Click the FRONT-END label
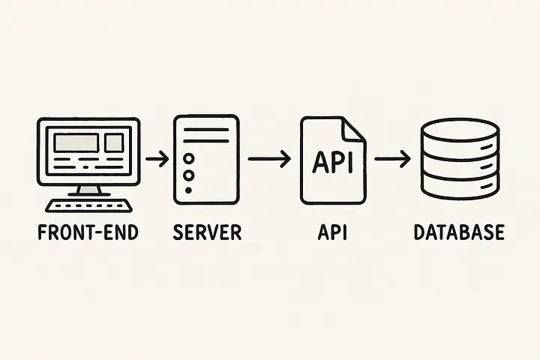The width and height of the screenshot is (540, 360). (x=88, y=232)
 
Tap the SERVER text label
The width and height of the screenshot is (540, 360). (x=207, y=232)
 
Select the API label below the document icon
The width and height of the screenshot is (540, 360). (x=332, y=232)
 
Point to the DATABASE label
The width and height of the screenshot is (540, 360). (x=459, y=232)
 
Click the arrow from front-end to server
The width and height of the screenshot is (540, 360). (x=157, y=159)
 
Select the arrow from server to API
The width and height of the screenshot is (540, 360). (x=268, y=159)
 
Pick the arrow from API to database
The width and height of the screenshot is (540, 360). (x=392, y=159)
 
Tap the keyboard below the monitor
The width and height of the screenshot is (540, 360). (x=88, y=204)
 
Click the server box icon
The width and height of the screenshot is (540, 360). (x=206, y=159)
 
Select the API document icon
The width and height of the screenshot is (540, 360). (x=332, y=159)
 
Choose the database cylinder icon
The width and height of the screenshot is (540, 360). (x=459, y=159)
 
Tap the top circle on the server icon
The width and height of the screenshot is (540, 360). (x=188, y=159)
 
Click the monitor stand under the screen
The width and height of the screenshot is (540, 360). (x=88, y=188)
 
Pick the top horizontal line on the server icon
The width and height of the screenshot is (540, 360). (x=206, y=129)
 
